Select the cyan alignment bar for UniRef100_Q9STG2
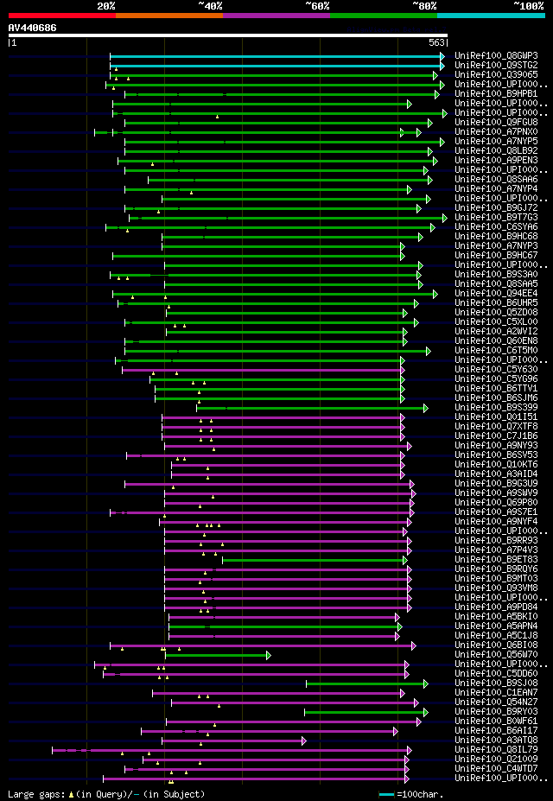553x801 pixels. [x=276, y=65]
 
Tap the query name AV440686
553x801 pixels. [x=32, y=29]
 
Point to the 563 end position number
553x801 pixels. [x=436, y=42]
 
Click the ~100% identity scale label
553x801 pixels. [x=528, y=6]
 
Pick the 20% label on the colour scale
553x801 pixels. [x=106, y=6]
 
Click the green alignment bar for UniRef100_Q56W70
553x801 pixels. [x=216, y=655]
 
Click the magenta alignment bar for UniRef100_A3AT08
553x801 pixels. [x=233, y=741]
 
